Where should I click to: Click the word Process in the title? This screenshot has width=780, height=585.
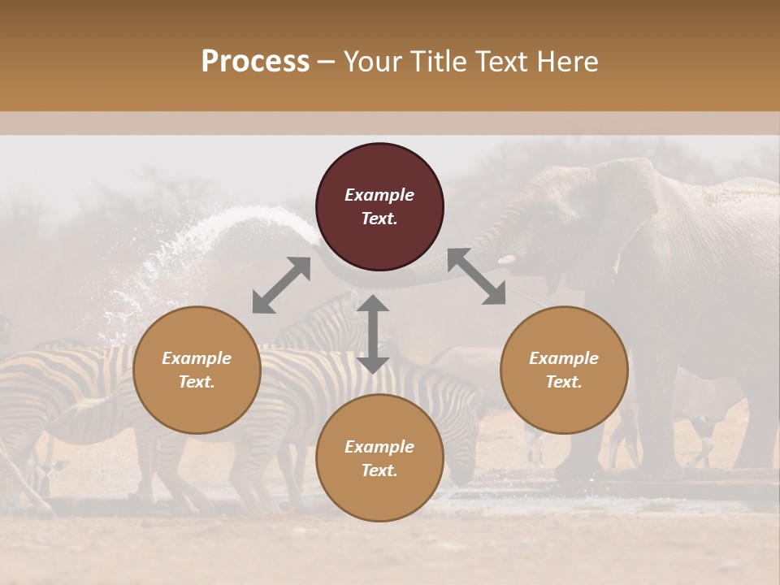[x=255, y=62]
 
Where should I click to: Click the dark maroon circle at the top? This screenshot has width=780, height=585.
[x=379, y=162]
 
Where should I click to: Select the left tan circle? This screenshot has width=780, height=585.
[x=197, y=398]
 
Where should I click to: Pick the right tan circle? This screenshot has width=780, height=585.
[x=564, y=398]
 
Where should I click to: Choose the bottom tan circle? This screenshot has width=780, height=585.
[x=379, y=487]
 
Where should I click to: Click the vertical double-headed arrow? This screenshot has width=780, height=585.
[x=373, y=334]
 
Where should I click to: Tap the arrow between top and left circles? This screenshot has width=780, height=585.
[x=281, y=285]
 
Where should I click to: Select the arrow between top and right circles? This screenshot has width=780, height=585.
[x=476, y=276]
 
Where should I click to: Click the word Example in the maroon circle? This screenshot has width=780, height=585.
[x=379, y=195]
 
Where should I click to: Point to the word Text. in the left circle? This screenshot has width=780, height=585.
[x=197, y=382]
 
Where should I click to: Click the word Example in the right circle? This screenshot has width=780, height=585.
[x=564, y=358]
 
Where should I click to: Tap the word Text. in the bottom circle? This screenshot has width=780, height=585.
[x=379, y=470]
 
